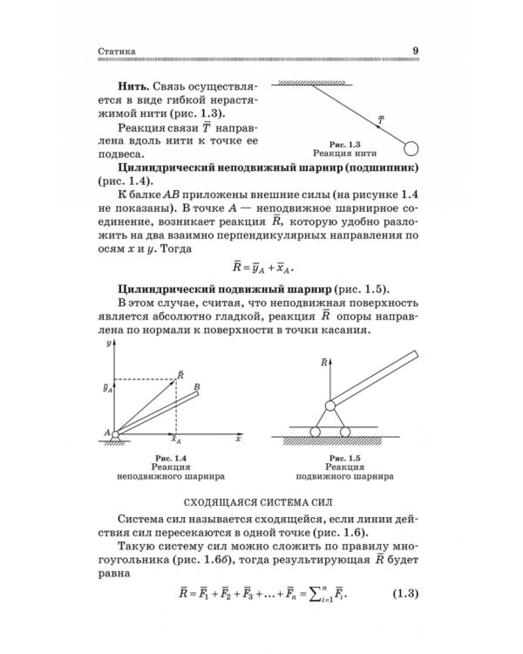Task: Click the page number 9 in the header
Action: coord(416,51)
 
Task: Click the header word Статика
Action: coord(116,51)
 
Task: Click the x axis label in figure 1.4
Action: coord(236,439)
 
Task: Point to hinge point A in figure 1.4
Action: coord(106,431)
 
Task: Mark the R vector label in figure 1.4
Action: coord(180,374)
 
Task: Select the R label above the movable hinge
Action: coord(324,361)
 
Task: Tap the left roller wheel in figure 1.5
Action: coord(316,432)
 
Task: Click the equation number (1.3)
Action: coord(404,596)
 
